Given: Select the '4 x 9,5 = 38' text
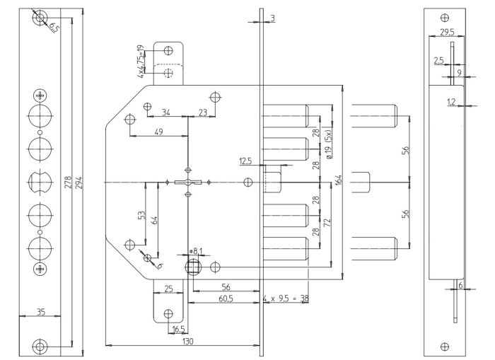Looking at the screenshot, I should coord(285,299).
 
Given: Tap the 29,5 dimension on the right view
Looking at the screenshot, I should coord(447,33).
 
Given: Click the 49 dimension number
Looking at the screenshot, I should coord(158,132).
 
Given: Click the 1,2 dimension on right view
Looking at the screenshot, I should coord(450,103).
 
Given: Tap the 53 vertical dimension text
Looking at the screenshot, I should coord(142,214).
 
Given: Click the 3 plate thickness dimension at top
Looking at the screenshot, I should coord(272,17).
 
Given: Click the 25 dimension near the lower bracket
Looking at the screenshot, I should coord(170,289).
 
